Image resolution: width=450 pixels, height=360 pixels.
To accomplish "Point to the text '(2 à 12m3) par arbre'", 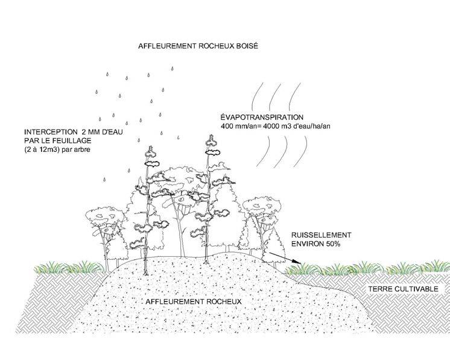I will (56, 149).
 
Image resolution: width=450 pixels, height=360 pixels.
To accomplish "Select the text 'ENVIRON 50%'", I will (317, 244).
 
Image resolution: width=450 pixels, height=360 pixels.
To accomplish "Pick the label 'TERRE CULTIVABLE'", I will (403, 289).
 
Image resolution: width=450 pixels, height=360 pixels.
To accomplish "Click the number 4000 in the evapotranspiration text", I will (270, 126).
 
